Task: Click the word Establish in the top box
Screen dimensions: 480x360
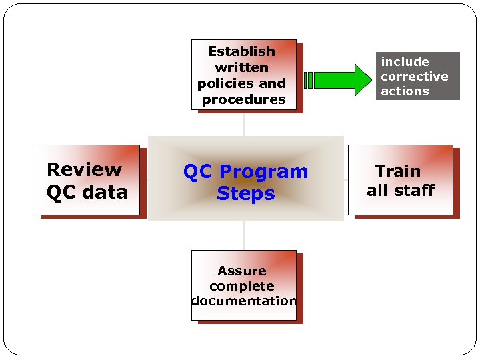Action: tap(241, 51)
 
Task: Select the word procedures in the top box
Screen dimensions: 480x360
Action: tap(243, 99)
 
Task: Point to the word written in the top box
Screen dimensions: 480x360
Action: tap(241, 67)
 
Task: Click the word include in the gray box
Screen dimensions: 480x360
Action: tap(405, 62)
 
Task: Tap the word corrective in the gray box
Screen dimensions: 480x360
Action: tap(414, 76)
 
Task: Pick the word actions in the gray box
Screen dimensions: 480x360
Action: tap(405, 91)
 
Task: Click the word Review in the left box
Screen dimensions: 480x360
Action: tap(84, 170)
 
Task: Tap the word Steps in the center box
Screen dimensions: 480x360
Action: tap(245, 193)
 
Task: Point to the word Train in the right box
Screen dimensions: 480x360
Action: tap(397, 171)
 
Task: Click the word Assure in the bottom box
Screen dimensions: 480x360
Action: tap(241, 271)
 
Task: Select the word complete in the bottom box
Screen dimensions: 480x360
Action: tap(241, 286)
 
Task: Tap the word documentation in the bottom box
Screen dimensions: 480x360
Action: tap(243, 301)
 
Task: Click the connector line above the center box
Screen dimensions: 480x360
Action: tap(244, 125)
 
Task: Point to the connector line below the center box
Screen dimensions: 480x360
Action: tap(244, 235)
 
